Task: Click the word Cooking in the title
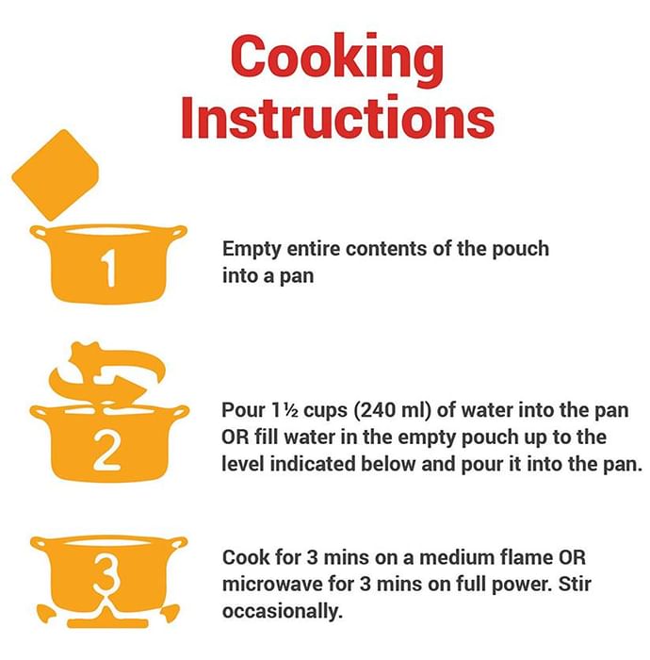337,60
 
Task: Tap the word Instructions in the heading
337,117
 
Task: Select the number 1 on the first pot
108,268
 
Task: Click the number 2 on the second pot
107,450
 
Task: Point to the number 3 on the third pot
107,573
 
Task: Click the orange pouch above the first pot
55,174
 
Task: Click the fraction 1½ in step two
285,410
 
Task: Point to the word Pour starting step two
243,410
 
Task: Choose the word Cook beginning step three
246,557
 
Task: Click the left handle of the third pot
41,543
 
